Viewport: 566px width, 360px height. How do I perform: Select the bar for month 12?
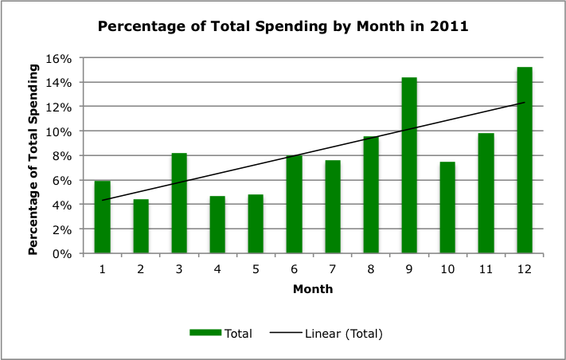coord(525,160)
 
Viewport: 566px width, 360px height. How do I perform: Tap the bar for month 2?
coord(141,226)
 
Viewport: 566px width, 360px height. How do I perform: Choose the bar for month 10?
coord(447,208)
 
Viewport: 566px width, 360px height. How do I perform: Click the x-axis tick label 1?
coord(103,270)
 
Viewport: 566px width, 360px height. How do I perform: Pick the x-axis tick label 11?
coord(486,270)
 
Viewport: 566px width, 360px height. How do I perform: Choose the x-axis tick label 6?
coord(295,270)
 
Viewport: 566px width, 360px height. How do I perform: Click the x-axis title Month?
coord(312,289)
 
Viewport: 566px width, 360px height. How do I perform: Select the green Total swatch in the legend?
coord(205,334)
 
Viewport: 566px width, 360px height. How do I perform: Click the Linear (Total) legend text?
coord(343,334)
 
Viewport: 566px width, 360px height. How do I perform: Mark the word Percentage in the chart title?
coord(136,26)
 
